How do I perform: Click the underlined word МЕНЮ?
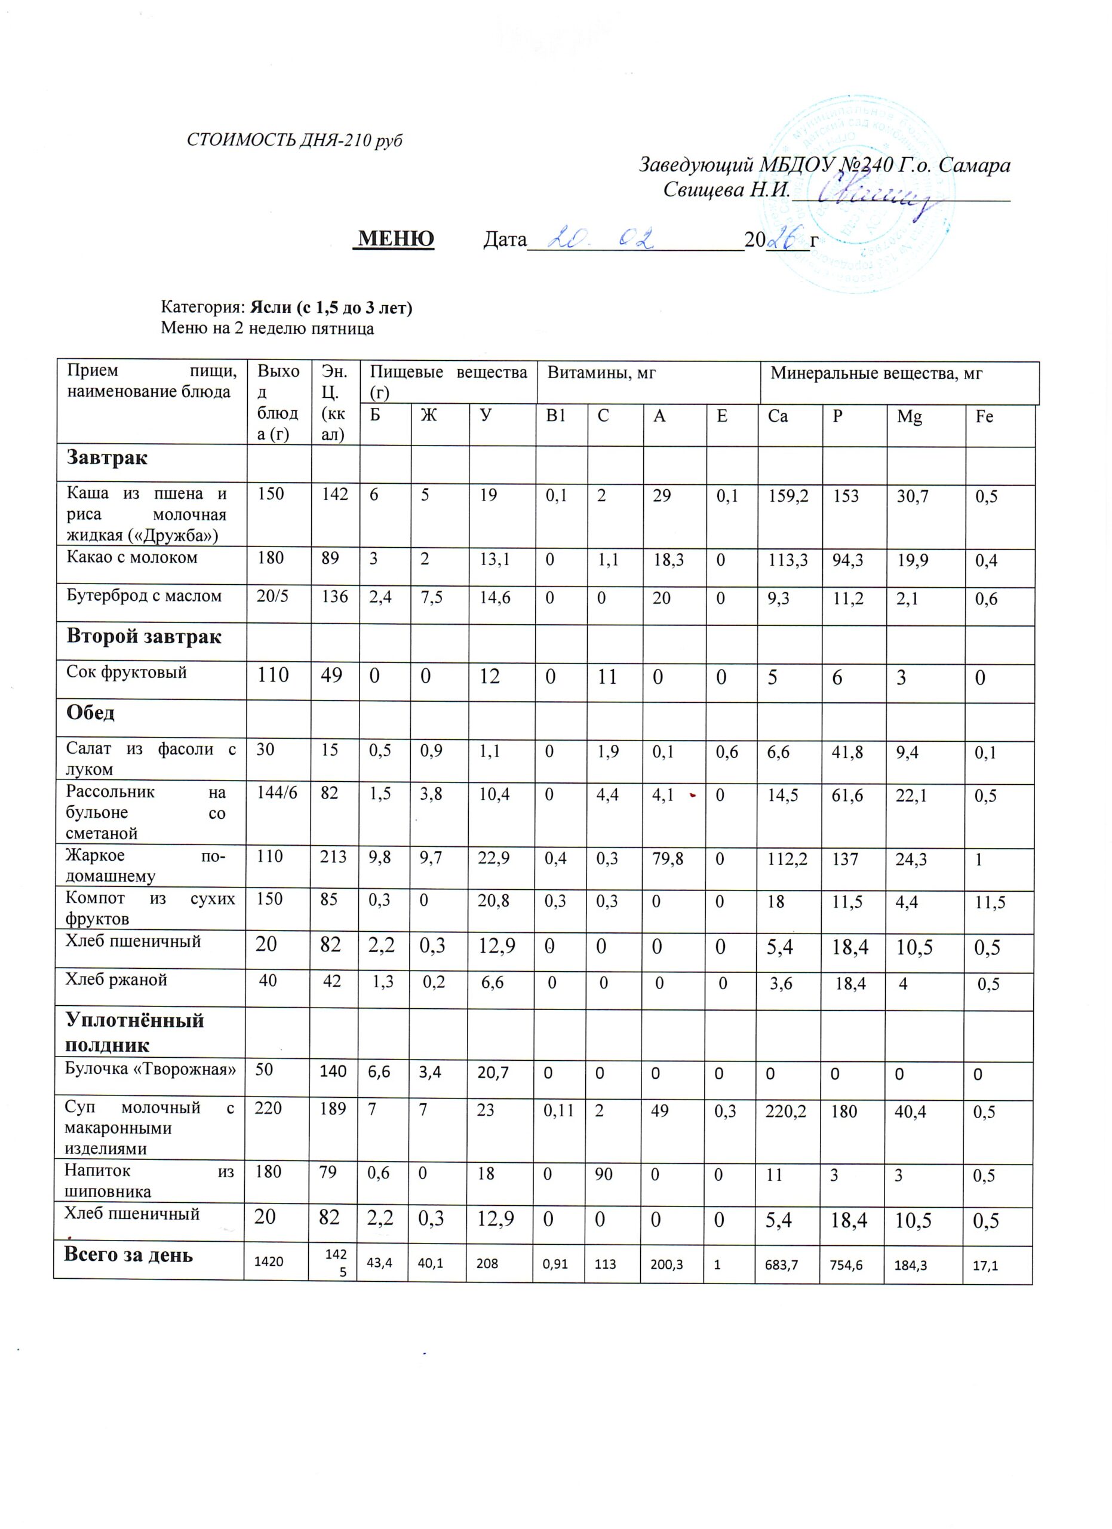(395, 239)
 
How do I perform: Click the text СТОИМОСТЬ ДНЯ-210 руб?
(294, 140)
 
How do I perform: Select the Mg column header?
(909, 417)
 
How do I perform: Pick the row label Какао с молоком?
(132, 557)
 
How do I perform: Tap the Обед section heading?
(90, 713)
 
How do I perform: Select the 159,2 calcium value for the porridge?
(788, 496)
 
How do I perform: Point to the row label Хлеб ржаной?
(116, 980)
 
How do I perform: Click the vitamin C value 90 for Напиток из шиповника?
(603, 1174)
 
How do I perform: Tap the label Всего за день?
(128, 1255)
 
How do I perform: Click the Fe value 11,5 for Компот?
(990, 902)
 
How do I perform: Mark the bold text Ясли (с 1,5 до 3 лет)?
(331, 308)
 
